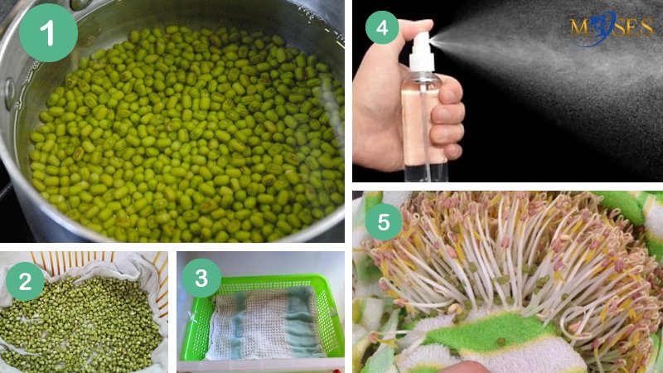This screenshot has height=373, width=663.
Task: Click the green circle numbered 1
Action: pyautogui.click(x=48, y=32)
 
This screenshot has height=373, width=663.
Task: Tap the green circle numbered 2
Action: pyautogui.click(x=25, y=281)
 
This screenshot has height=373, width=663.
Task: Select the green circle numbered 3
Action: pyautogui.click(x=201, y=278)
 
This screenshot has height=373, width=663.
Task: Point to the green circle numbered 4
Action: pyautogui.click(x=382, y=28)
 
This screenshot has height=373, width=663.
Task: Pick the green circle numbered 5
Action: pyautogui.click(x=384, y=221)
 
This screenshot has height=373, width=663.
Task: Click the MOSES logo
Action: pyautogui.click(x=611, y=28)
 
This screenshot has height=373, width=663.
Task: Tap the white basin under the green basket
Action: pyautogui.click(x=260, y=366)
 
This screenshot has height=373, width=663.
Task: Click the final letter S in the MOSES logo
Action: pyautogui.click(x=646, y=27)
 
